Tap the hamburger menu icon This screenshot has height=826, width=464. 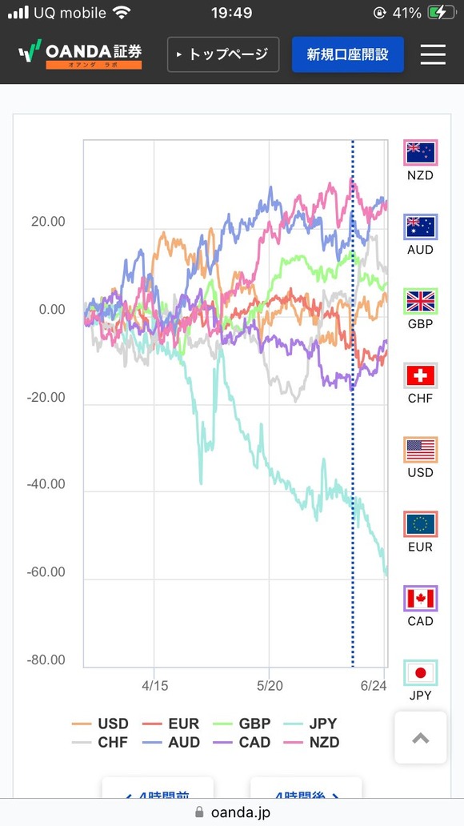point(433,54)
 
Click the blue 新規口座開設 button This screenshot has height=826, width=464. point(347,54)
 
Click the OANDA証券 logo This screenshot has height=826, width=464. point(80,54)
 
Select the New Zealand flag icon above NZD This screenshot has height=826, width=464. point(420,152)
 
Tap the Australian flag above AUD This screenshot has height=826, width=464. point(420,227)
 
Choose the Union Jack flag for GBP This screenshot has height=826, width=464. point(420,301)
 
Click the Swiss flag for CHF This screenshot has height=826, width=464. point(420,375)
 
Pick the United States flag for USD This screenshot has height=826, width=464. point(420,450)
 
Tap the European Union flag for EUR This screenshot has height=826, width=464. point(420,524)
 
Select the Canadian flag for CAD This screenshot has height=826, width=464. point(420,599)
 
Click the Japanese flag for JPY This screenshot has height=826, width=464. point(420,673)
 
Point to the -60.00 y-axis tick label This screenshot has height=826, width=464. point(47,573)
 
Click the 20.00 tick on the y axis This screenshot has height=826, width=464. point(49,222)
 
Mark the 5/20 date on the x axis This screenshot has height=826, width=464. point(270,686)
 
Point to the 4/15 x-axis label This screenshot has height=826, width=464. point(155,686)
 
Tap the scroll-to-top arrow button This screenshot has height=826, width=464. point(420,738)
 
